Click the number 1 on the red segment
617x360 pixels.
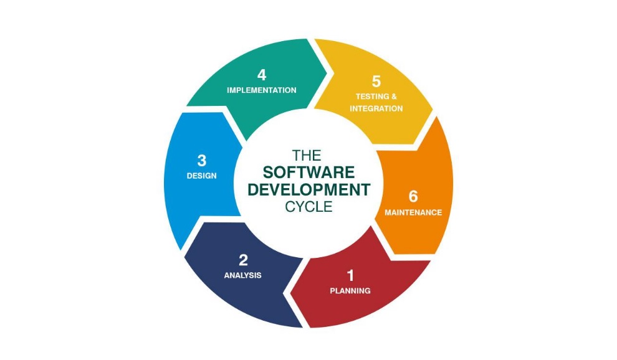point(350,275)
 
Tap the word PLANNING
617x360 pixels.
point(350,290)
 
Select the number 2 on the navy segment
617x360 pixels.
point(243,260)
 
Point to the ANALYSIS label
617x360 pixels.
point(242,275)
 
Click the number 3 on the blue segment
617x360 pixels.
point(201,160)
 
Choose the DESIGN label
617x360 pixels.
point(201,176)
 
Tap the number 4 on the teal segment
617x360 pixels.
point(262,75)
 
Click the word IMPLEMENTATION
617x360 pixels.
point(262,90)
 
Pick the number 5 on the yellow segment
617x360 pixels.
point(376,81)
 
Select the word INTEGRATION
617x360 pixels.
point(376,108)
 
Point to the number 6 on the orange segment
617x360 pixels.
point(413,196)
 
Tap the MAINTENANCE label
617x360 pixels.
point(413,212)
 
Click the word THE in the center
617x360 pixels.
point(308,155)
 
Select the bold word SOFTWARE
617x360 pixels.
point(308,173)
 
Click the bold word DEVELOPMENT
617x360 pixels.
point(308,190)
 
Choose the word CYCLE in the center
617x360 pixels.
point(308,207)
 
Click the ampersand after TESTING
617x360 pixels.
point(393,97)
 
